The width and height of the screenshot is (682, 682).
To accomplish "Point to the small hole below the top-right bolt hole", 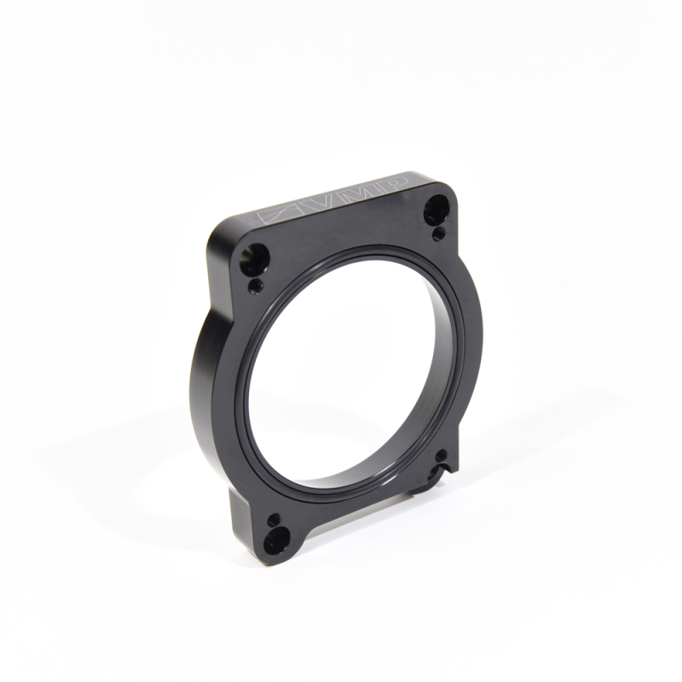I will click(x=437, y=232).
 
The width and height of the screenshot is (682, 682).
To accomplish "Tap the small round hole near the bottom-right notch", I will click(x=442, y=457).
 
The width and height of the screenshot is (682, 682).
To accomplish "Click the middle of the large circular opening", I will click(x=350, y=375).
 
